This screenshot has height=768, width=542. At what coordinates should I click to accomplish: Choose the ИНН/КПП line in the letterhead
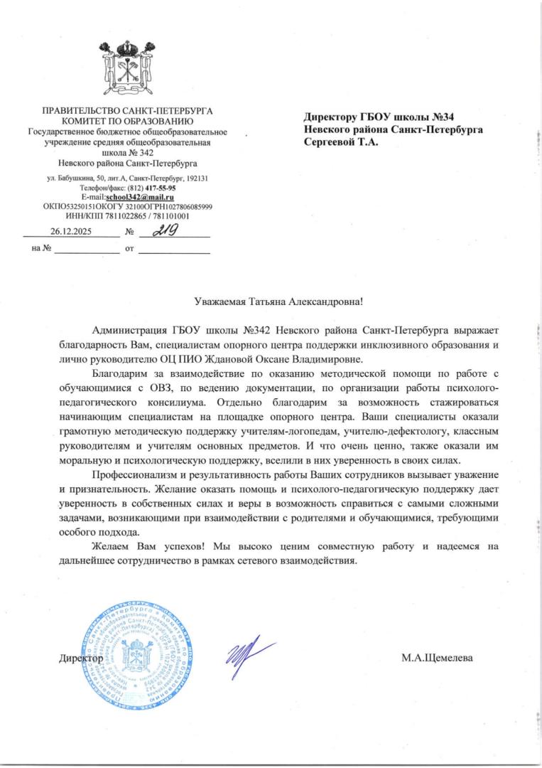(x=127, y=215)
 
